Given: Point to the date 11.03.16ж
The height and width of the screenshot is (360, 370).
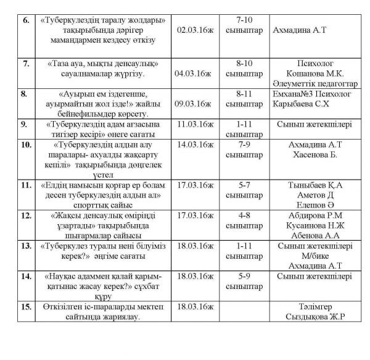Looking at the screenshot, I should (x=194, y=124).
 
